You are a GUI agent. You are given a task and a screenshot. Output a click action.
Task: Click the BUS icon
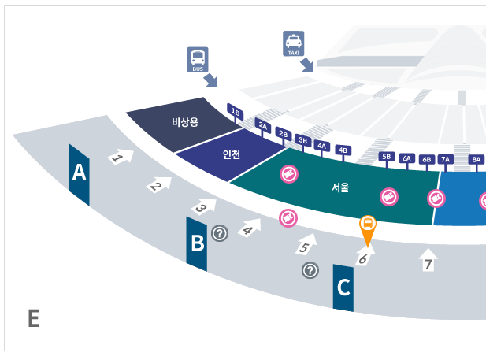[198, 59]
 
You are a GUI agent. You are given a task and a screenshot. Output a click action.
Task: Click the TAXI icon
[293, 44]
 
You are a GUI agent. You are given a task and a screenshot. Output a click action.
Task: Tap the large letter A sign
[79, 173]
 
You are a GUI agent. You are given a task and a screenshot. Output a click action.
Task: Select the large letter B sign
[197, 243]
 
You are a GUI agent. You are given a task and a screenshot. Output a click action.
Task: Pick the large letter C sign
[343, 288]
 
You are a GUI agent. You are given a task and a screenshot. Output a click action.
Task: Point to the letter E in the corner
[33, 318]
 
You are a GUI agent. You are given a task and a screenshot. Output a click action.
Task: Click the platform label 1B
[236, 113]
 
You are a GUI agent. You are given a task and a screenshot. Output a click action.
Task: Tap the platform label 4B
[343, 150]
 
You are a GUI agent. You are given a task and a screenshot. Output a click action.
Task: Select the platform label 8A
[477, 159]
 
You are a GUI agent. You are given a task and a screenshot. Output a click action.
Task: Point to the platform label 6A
[407, 158]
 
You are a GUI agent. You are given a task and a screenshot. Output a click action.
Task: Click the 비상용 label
[187, 122]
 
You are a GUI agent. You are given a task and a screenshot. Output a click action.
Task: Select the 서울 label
[340, 188]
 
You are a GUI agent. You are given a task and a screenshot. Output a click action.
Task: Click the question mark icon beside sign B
[220, 232]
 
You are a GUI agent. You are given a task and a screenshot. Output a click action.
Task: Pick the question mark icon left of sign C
[310, 270]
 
